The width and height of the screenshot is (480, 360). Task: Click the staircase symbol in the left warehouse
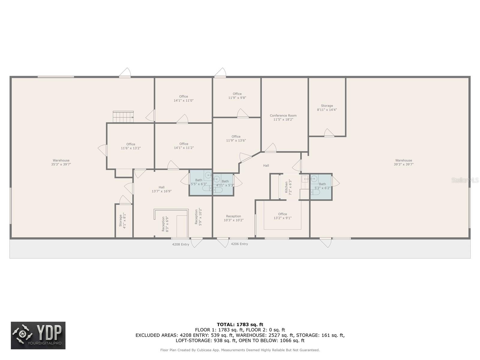pos(123,117)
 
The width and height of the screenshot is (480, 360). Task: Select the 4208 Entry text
pos(181,244)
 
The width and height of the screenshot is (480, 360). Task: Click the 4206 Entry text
pos(239,244)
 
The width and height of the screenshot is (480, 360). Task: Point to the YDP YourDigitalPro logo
pos(38,335)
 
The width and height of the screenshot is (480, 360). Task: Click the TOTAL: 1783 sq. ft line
pos(240,324)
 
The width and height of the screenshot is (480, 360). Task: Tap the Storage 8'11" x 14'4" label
pos(327,108)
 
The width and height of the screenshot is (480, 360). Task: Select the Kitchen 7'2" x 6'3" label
pos(288,187)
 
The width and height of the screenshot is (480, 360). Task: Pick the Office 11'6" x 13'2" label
pos(130,146)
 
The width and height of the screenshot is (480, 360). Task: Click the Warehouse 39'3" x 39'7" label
pos(403,162)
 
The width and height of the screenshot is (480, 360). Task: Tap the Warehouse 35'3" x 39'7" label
pos(61,162)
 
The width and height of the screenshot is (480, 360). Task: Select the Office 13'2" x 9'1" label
pos(282,216)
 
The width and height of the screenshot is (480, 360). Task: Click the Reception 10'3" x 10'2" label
pos(233,218)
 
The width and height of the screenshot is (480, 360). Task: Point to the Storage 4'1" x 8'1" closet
pos(122,220)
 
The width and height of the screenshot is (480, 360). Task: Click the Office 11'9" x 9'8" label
pos(237,96)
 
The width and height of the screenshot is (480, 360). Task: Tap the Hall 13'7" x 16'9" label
pos(161,189)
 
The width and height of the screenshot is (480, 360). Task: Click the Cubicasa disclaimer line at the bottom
pos(240,350)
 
